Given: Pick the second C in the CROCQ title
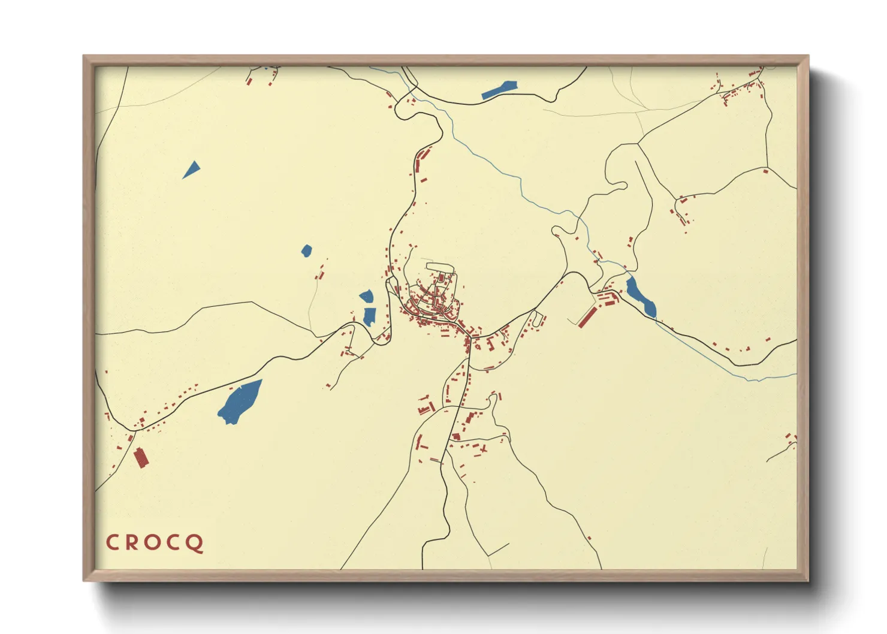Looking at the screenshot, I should [173, 543].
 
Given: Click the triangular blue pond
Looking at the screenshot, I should [192, 169].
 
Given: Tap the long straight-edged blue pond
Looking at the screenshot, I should [499, 89].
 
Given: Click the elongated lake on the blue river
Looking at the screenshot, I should [640, 297].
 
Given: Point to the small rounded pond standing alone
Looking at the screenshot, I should [306, 250].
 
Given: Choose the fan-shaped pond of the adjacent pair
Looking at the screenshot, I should [366, 296].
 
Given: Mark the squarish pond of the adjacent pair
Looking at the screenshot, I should [369, 316].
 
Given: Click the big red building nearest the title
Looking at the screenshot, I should [140, 457].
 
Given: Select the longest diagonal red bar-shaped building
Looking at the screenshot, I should [587, 316].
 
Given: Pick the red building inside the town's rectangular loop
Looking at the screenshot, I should [442, 277].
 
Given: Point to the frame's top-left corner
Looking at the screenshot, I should [84, 56].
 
